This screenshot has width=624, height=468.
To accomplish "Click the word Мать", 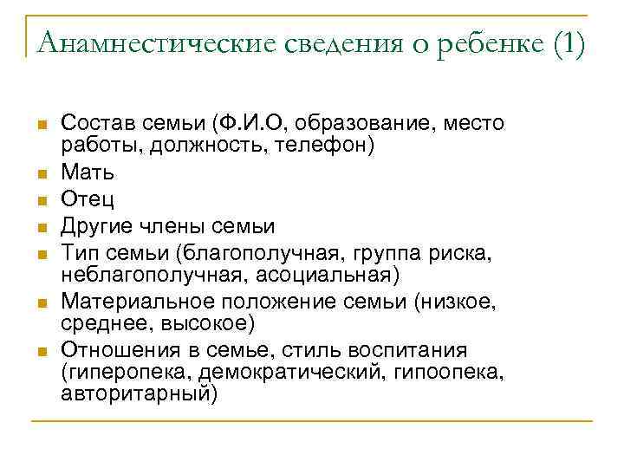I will pos(88,172).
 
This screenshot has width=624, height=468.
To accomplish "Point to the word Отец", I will pos(88,200).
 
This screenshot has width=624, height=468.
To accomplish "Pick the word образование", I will pos(355,122).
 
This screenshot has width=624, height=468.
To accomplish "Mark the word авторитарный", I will pos(139,393).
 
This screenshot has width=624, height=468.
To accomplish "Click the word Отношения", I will pos(114,351).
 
